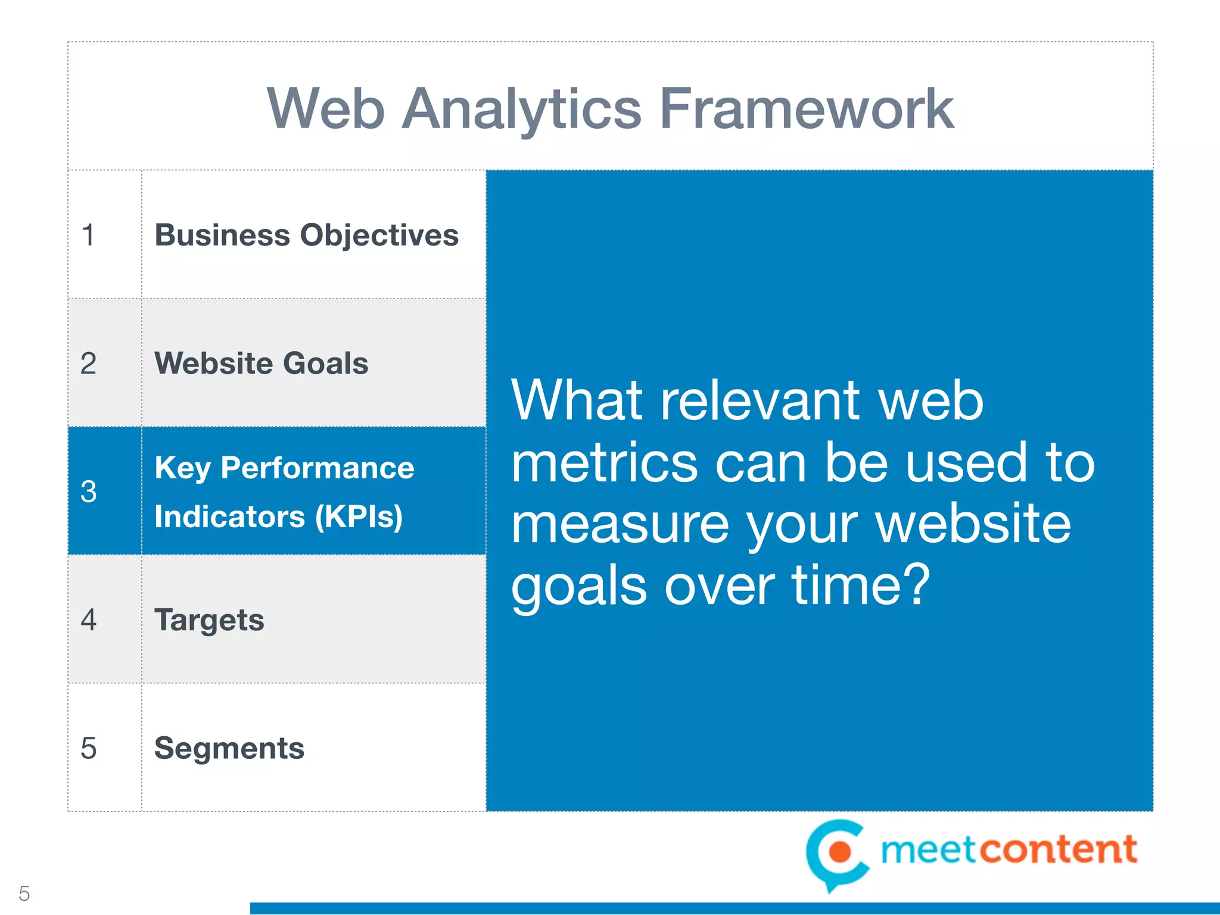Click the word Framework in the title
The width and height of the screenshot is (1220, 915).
807,109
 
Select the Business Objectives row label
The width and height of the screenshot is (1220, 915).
306,235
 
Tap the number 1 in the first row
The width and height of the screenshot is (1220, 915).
88,235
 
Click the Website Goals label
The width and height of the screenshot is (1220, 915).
261,363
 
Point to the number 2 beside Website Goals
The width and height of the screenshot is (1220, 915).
88,363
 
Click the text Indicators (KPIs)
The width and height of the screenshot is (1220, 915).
278,516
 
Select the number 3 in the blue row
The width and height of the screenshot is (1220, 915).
88,492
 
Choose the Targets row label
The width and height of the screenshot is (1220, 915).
209,620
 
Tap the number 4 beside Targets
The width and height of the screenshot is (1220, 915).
88,620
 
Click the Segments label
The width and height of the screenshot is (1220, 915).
229,748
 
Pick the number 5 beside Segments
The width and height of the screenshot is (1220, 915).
88,748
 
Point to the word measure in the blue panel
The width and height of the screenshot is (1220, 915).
620,525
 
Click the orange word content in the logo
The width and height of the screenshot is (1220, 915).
1058,849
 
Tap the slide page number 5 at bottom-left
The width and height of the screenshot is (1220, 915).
24,894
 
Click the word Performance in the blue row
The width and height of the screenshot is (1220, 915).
317,468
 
